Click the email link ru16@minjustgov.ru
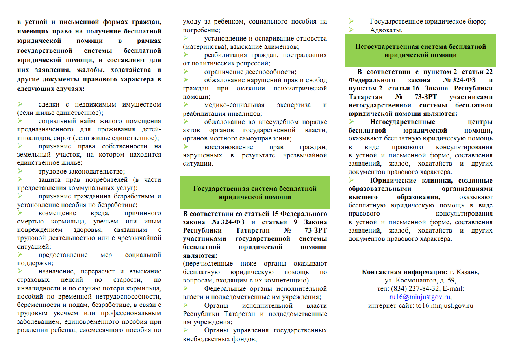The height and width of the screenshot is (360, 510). pos(420,297)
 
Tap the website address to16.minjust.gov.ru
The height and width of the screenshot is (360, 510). pos(444,305)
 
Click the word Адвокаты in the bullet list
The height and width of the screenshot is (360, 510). pos(386,30)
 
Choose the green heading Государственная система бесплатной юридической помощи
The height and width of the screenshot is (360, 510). pos(255,192)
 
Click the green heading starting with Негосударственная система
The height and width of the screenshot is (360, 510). pos(421,50)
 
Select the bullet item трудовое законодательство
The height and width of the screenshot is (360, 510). pos(82,171)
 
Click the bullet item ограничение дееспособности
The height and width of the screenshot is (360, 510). pos(250,72)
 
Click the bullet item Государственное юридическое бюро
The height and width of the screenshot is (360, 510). pos(428,22)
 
